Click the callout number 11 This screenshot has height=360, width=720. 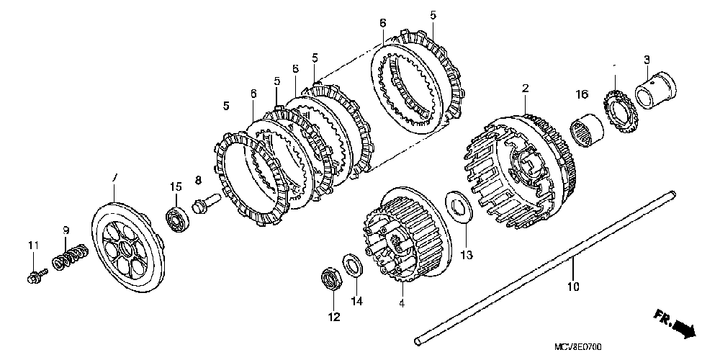tap(32, 246)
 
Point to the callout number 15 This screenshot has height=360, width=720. tap(175, 186)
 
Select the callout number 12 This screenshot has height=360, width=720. tap(333, 316)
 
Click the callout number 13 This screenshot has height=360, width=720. tap(466, 255)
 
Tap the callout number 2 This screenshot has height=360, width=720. tap(526, 88)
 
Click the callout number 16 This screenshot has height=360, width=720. tap(582, 94)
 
